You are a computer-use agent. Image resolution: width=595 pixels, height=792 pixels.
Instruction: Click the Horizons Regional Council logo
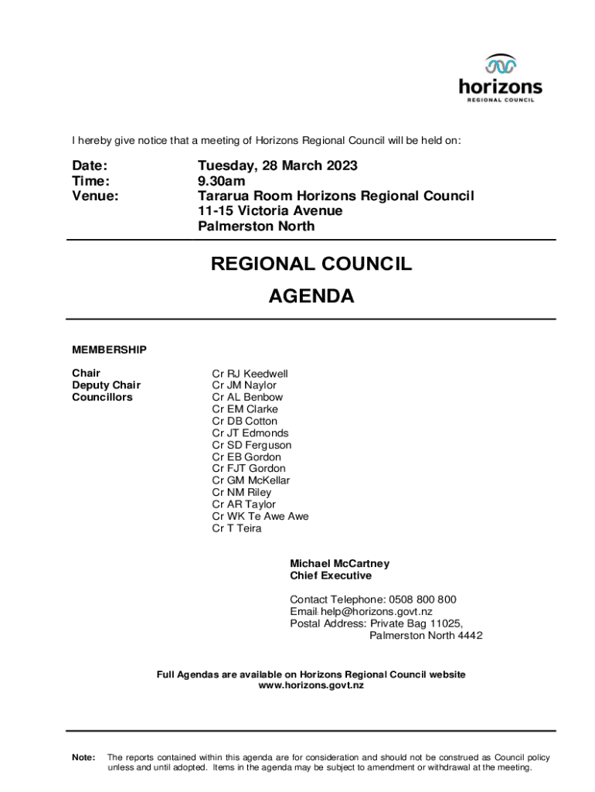pyautogui.click(x=500, y=78)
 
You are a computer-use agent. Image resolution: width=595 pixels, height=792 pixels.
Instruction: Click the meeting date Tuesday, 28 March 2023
pyautogui.click(x=277, y=166)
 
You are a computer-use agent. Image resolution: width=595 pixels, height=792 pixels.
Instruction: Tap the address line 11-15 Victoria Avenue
pyautogui.click(x=270, y=211)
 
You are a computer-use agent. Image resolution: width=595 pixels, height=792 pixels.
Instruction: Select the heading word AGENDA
pyautogui.click(x=311, y=296)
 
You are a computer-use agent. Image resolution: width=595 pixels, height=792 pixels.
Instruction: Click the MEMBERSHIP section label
pyautogui.click(x=109, y=350)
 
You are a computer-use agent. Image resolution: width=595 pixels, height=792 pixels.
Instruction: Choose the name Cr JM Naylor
pyautogui.click(x=244, y=385)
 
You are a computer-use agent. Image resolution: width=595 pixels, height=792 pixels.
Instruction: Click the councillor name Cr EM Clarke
pyautogui.click(x=245, y=409)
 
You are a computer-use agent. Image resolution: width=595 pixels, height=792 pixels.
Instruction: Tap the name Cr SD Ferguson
pyautogui.click(x=252, y=445)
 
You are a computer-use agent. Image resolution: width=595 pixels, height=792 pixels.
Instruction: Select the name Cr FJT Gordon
pyautogui.click(x=249, y=469)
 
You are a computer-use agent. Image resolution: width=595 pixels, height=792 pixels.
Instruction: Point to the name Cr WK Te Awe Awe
pyautogui.click(x=260, y=517)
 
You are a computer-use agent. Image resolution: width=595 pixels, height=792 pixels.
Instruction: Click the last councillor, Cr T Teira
pyautogui.click(x=236, y=528)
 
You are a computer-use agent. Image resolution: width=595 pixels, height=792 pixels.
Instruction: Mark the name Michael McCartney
pyautogui.click(x=339, y=564)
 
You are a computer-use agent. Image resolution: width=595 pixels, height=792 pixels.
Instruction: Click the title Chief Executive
pyautogui.click(x=331, y=575)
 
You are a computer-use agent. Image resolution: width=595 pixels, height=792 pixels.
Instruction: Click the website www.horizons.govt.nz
pyautogui.click(x=311, y=686)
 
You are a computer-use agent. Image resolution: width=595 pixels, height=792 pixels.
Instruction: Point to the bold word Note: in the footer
pyautogui.click(x=83, y=757)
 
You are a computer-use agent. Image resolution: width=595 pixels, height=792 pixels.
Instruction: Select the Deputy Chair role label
pyautogui.click(x=107, y=385)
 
